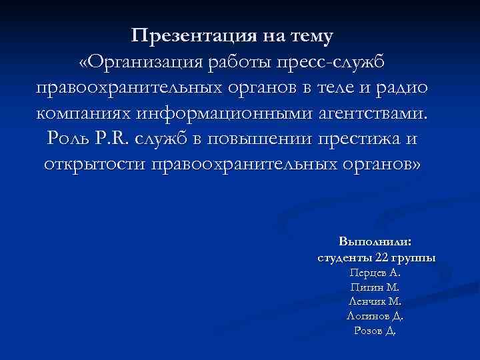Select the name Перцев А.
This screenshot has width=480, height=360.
[x=375, y=273]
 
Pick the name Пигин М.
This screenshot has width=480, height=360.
[x=375, y=287]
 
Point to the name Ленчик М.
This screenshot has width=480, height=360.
[x=375, y=301]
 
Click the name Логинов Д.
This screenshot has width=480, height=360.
[x=375, y=316]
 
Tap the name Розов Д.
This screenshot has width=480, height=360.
[x=375, y=331]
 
